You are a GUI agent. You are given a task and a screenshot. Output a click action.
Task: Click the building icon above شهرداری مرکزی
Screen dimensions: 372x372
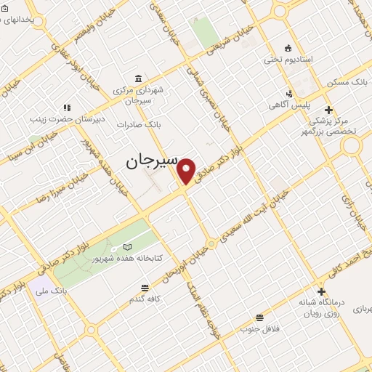pos(138,78)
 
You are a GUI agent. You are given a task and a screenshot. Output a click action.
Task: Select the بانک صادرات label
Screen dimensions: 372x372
pos(142,124)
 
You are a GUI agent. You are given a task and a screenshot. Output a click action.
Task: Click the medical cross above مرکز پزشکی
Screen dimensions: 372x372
pos(328,110)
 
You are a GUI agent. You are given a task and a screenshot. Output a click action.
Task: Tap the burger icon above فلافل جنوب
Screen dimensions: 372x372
pos(259,317)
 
